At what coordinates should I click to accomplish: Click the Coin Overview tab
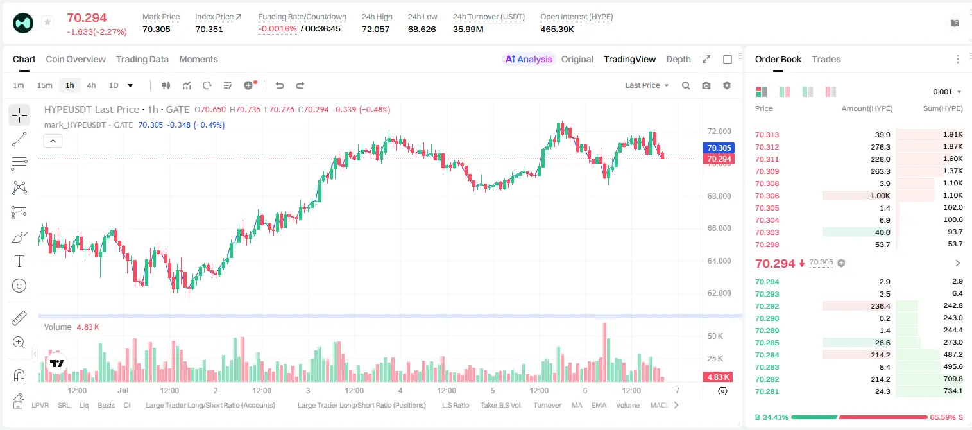[x=76, y=59]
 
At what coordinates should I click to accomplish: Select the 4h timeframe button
[x=91, y=85]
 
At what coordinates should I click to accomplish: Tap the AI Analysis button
[x=529, y=59]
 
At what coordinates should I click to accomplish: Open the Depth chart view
[x=678, y=59]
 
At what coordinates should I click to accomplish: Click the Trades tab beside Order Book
[x=826, y=59]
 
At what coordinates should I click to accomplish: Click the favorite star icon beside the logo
[x=47, y=22]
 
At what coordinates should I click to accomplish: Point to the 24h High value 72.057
[x=376, y=29]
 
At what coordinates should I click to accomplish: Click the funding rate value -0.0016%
[x=277, y=29]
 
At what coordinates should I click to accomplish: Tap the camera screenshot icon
[x=706, y=85]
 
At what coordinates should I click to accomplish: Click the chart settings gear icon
[x=727, y=85]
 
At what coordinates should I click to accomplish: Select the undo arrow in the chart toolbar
[x=280, y=85]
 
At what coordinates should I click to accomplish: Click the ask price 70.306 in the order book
[x=767, y=196]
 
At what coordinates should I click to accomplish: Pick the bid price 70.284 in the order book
[x=767, y=355]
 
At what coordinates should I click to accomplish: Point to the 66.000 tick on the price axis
[x=719, y=228]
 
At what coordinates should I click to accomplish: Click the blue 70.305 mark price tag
[x=719, y=148]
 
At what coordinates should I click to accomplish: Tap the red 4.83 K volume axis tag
[x=718, y=377]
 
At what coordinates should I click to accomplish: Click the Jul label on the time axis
[x=123, y=390]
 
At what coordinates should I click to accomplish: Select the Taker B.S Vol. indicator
[x=500, y=405]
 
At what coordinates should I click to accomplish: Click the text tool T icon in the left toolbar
[x=19, y=261]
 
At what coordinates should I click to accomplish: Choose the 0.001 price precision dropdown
[x=947, y=92]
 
